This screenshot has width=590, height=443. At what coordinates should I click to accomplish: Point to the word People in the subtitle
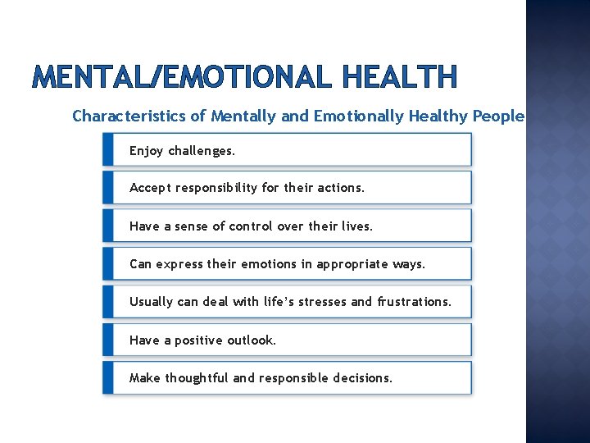pyautogui.click(x=497, y=116)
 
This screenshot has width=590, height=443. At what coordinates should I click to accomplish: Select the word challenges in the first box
pyautogui.click(x=202, y=151)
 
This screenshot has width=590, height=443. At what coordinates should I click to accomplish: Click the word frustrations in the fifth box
pyautogui.click(x=414, y=302)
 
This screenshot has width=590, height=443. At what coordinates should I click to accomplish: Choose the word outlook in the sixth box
pyautogui.click(x=250, y=340)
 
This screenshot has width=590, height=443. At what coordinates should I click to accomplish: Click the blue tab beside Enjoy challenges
pyautogui.click(x=107, y=150)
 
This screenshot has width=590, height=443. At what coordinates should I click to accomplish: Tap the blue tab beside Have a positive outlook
pyautogui.click(x=107, y=340)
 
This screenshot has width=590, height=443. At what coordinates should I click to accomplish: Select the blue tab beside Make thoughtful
pyautogui.click(x=107, y=378)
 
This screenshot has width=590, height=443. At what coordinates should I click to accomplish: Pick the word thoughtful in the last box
pyautogui.click(x=197, y=378)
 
